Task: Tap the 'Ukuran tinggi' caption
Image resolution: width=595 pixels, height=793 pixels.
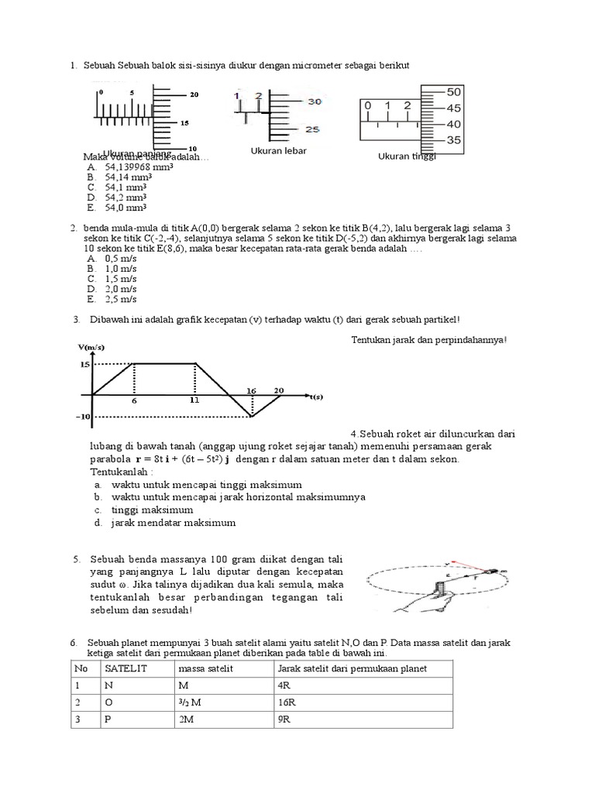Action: tap(407, 156)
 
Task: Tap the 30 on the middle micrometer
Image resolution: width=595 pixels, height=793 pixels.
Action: tap(293, 101)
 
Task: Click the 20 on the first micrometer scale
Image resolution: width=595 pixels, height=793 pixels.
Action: tap(194, 94)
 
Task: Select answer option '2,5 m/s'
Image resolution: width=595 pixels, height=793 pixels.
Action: tap(120, 299)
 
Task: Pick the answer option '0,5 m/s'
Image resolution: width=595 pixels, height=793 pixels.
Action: tap(120, 258)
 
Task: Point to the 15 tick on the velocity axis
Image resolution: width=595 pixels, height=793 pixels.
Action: tap(84, 363)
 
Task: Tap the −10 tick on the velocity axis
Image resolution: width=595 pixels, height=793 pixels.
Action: tap(83, 417)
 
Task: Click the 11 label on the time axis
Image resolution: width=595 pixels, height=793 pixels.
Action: tap(194, 402)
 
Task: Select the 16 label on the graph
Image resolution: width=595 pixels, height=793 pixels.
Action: tap(250, 390)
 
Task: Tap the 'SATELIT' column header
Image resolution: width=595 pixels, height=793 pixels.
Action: tap(122, 668)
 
